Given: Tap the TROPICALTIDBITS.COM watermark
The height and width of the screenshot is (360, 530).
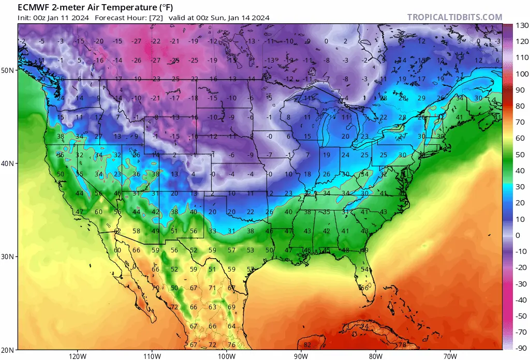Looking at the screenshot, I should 454,17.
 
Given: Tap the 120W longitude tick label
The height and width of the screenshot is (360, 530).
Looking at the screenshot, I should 77,355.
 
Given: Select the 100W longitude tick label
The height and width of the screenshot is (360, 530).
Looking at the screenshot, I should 226,355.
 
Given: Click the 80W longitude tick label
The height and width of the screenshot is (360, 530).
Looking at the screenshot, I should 376,355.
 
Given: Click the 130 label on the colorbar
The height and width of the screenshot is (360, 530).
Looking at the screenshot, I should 522,25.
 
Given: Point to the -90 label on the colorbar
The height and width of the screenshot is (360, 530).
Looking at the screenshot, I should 522,348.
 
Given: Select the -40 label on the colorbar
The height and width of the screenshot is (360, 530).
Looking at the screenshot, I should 522,300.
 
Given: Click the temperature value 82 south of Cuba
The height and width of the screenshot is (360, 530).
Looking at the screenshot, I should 307,345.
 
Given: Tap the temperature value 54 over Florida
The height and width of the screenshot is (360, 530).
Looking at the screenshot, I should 364,269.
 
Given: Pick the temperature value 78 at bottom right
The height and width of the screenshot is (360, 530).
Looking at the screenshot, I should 402,345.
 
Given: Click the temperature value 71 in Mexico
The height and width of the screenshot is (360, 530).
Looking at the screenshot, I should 212,288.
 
